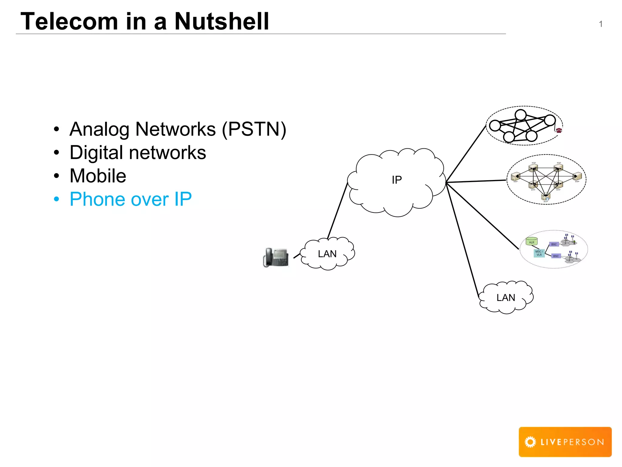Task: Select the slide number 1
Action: [600, 24]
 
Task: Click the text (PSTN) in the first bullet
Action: [254, 129]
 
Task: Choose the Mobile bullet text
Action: [98, 176]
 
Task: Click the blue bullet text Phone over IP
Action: [131, 199]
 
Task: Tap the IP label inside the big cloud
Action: [397, 180]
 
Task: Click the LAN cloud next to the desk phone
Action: [327, 254]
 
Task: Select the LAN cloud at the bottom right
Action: [506, 298]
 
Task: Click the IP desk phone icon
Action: [276, 258]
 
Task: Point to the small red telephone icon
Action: [559, 130]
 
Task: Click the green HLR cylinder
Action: [531, 242]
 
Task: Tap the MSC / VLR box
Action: [539, 253]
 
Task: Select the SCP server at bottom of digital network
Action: [546, 198]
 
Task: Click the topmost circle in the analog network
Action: [521, 115]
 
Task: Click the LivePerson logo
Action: [565, 442]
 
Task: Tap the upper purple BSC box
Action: [554, 244]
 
